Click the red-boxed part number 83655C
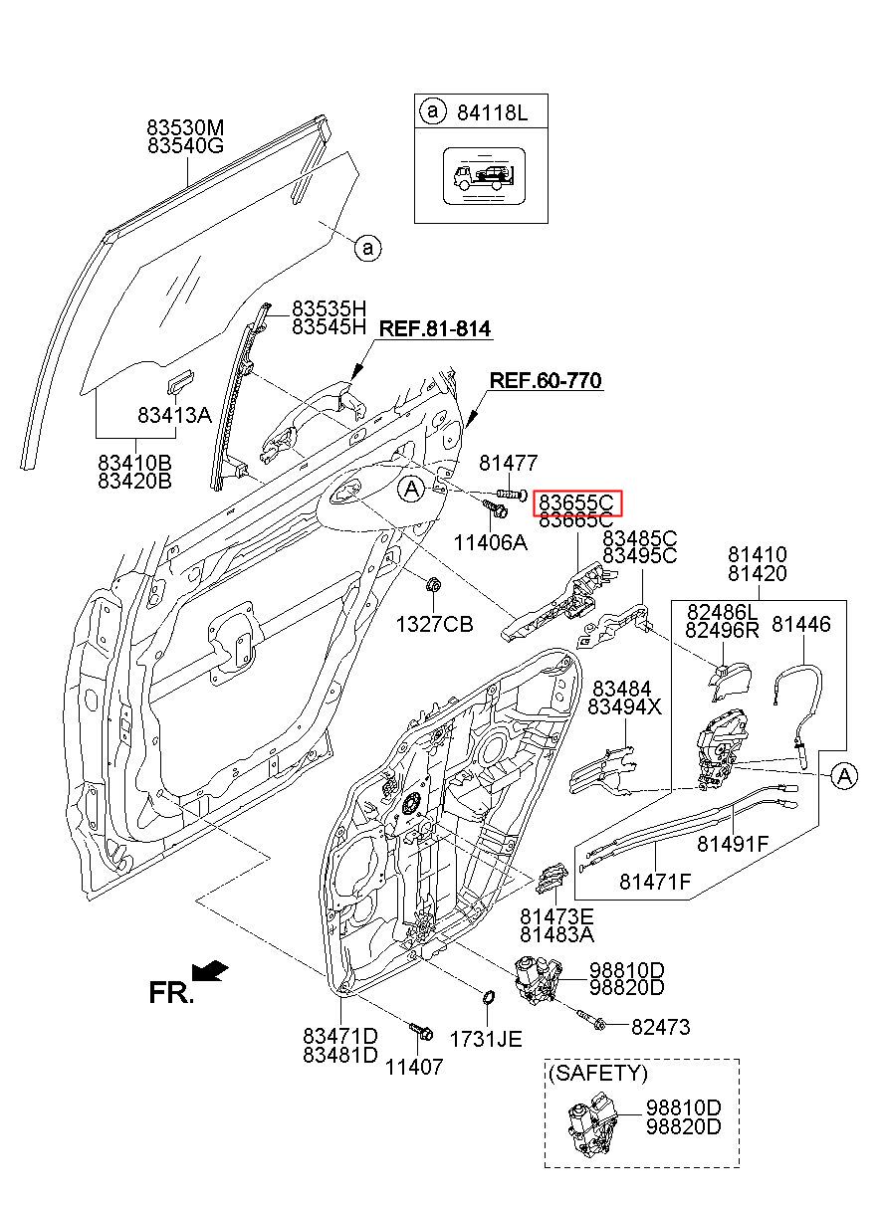[x=578, y=502]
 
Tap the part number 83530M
[x=186, y=128]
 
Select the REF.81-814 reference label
[x=435, y=328]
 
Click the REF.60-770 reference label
[x=546, y=380]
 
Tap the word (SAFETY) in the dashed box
[x=597, y=1073]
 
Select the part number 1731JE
[x=485, y=1039]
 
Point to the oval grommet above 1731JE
[x=488, y=998]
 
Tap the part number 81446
[x=801, y=624]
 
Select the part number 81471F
[x=654, y=881]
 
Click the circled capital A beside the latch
[x=842, y=775]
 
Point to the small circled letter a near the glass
[x=367, y=247]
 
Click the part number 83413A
[x=174, y=415]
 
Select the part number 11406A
[x=490, y=542]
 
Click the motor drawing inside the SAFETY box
[x=589, y=1123]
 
